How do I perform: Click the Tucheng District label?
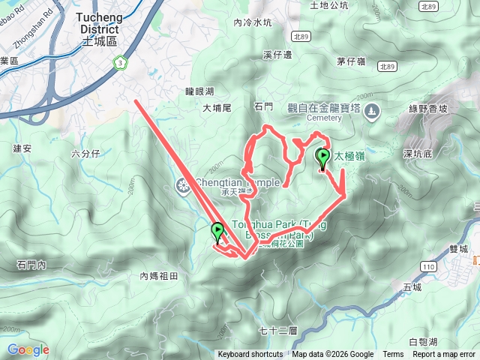click(96, 27)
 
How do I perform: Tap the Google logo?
click(28, 349)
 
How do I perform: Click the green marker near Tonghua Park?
click(218, 232)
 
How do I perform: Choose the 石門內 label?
click(31, 265)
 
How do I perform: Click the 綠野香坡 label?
click(427, 108)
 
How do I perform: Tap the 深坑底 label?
click(418, 154)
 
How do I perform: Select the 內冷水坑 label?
click(253, 23)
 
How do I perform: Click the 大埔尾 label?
click(217, 108)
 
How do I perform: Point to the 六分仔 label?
click(85, 154)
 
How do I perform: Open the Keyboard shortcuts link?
click(250, 355)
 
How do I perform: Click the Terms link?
click(393, 355)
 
